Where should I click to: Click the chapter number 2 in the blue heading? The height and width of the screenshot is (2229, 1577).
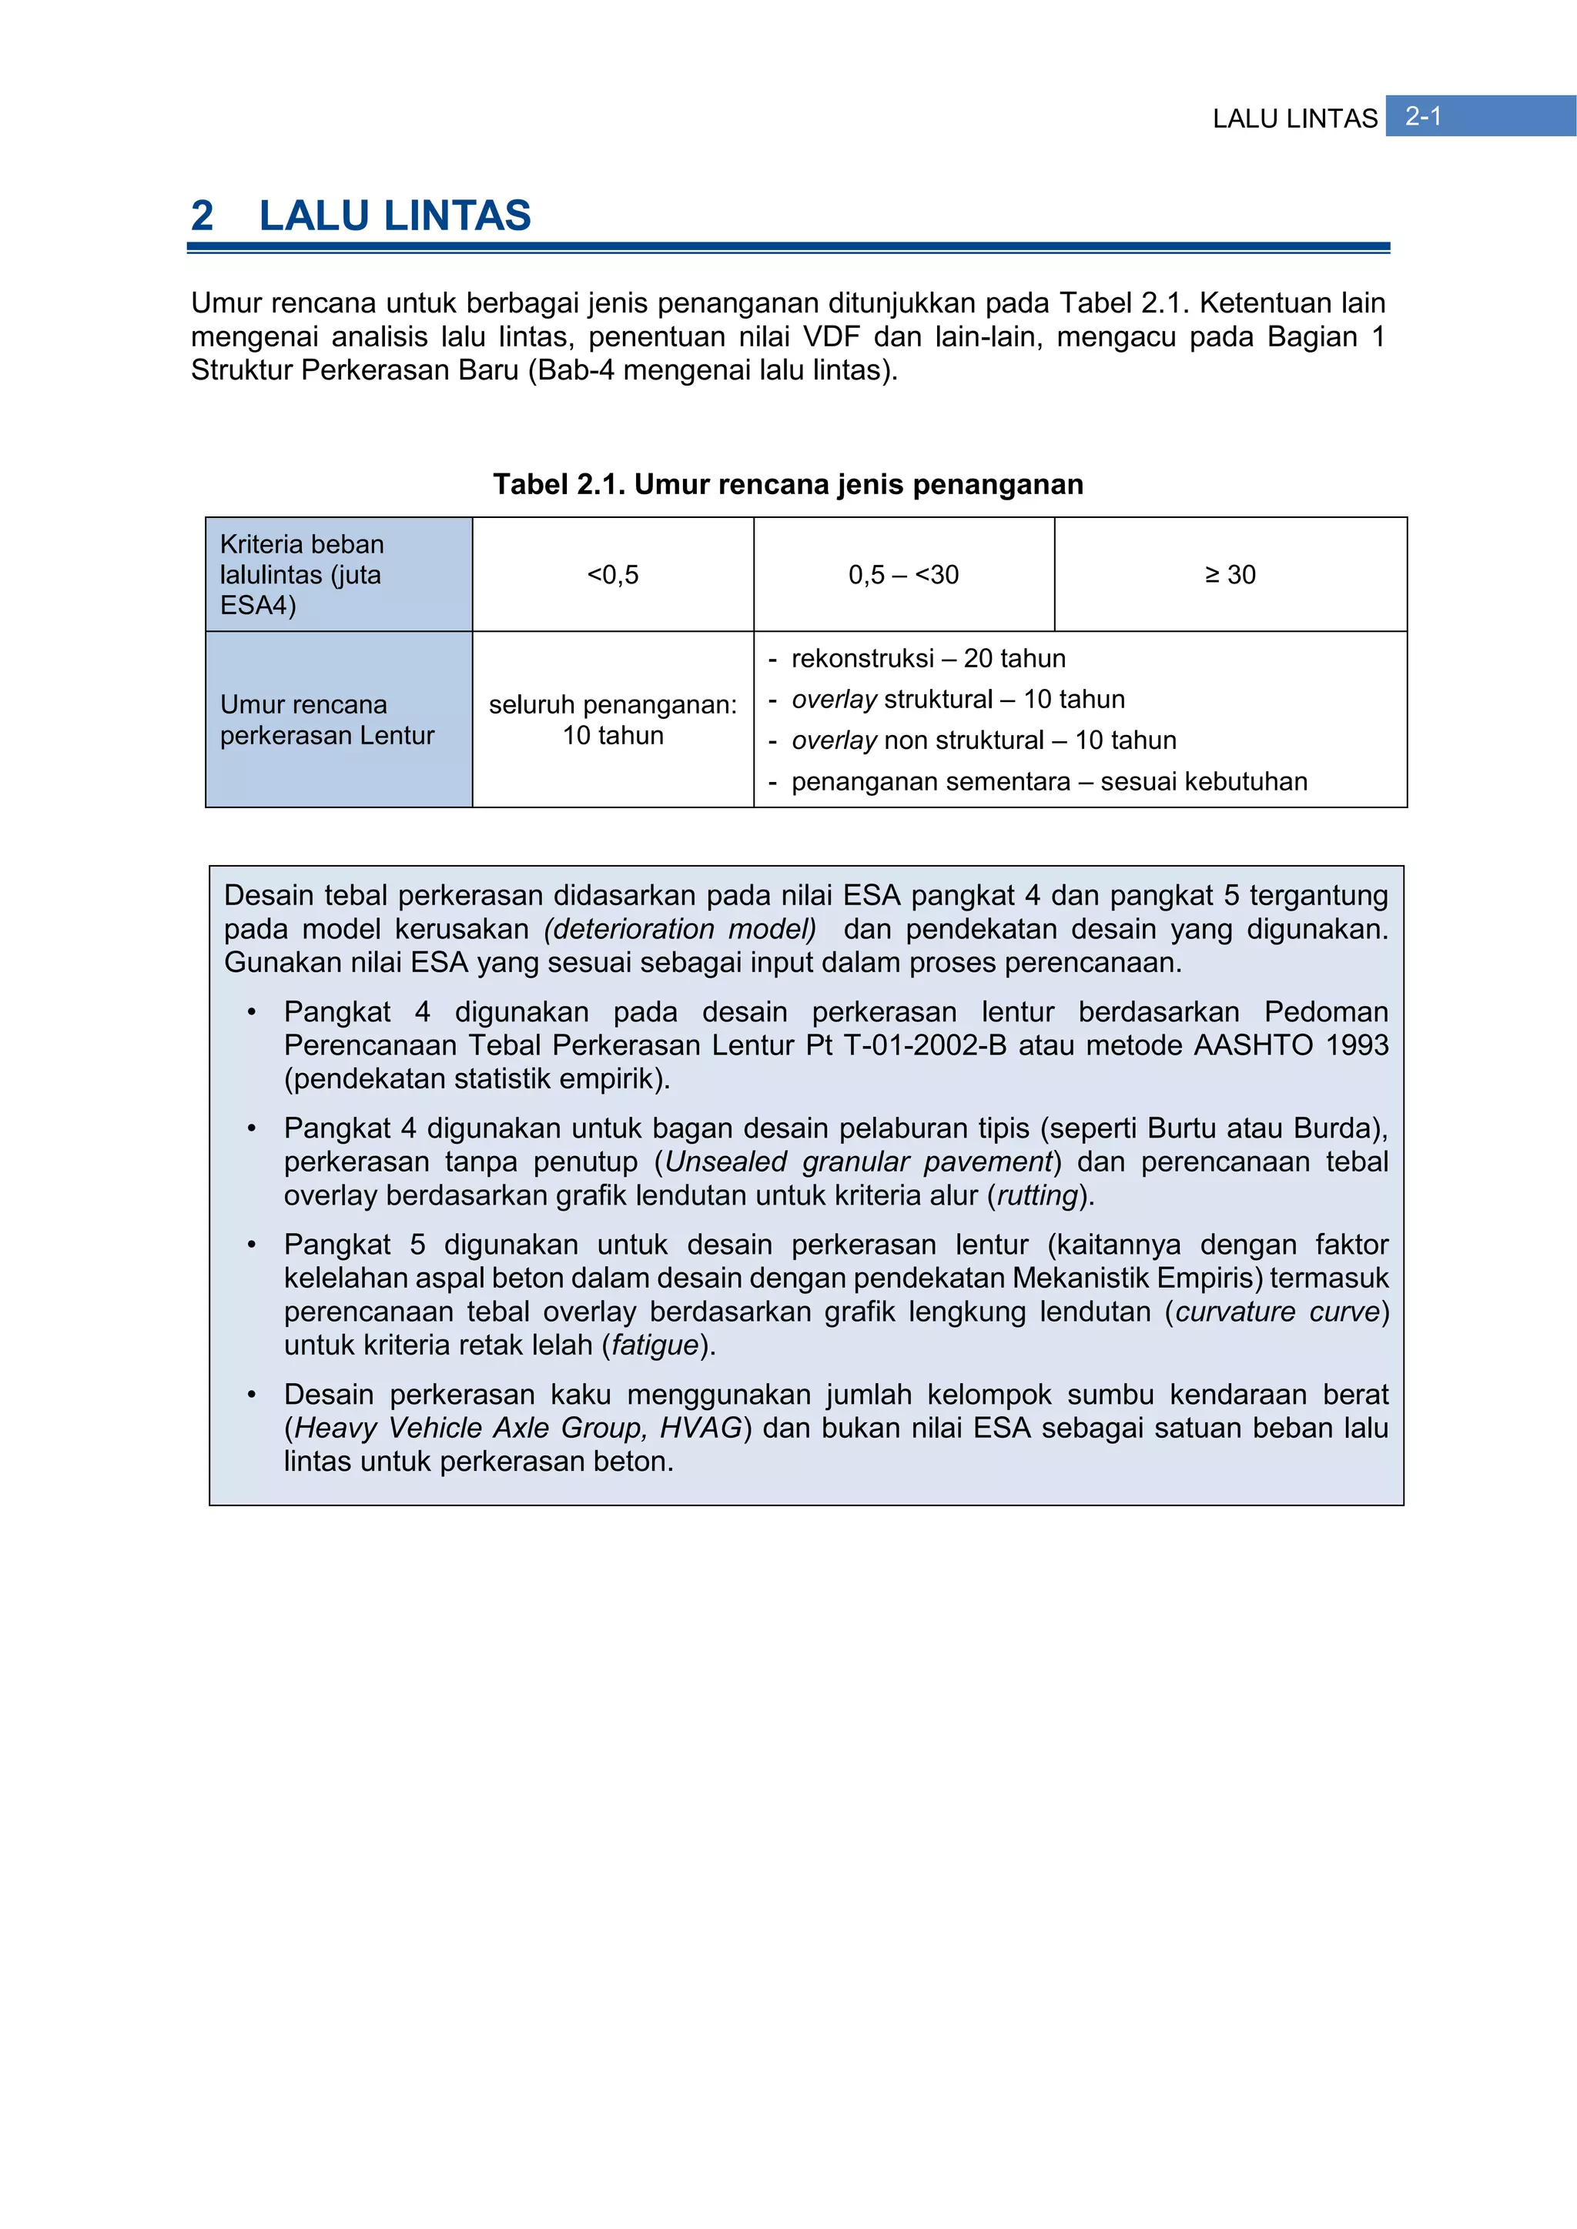[x=202, y=216]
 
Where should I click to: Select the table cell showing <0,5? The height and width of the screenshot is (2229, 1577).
[x=613, y=575]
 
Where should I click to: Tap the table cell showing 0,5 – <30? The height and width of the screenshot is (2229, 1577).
[x=903, y=575]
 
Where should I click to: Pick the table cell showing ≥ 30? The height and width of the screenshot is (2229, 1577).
[x=1230, y=575]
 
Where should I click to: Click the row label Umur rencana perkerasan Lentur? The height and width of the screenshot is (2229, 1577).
[x=326, y=720]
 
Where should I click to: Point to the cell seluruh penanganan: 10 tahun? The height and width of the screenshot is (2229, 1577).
[x=613, y=720]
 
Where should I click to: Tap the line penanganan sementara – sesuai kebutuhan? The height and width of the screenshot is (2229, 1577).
[x=1049, y=781]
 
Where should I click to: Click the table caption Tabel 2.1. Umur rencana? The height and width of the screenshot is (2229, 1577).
[x=788, y=484]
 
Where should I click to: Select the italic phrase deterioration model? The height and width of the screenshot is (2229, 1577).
[x=680, y=929]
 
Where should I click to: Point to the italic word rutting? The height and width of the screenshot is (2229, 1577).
[x=1038, y=1195]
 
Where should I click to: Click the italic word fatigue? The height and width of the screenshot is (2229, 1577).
[x=655, y=1345]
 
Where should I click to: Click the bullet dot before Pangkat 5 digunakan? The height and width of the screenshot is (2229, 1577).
[x=252, y=1245]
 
